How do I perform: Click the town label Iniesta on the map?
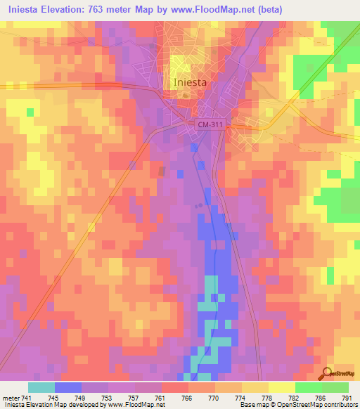point(189,82)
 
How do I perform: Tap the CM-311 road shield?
point(210,125)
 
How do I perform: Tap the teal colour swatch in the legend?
point(41,387)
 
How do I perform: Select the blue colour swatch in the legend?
point(68,387)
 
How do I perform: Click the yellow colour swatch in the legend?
point(281,387)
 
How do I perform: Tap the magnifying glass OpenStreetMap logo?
point(326,373)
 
